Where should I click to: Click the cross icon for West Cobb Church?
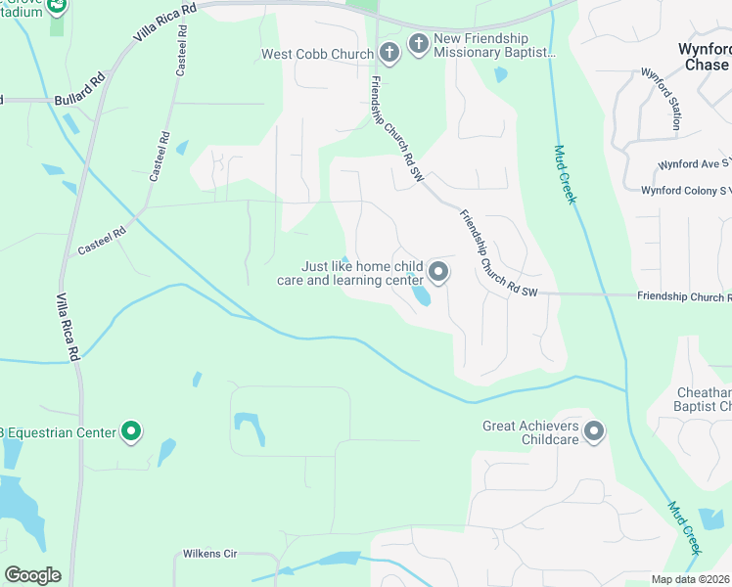[x=389, y=53]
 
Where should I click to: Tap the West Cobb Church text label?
[x=317, y=54]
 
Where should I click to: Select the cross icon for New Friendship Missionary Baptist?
[x=418, y=43]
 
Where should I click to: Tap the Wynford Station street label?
[x=660, y=99]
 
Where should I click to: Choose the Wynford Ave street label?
[x=694, y=164]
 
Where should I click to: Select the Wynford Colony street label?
[x=685, y=191]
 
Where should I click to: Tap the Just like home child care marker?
[x=438, y=273]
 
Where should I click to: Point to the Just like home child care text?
[x=362, y=273]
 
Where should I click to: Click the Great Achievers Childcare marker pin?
[x=593, y=430]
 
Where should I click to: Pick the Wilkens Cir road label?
[x=209, y=554]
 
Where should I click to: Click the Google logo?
[x=32, y=575]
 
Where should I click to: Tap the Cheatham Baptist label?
[x=704, y=399]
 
